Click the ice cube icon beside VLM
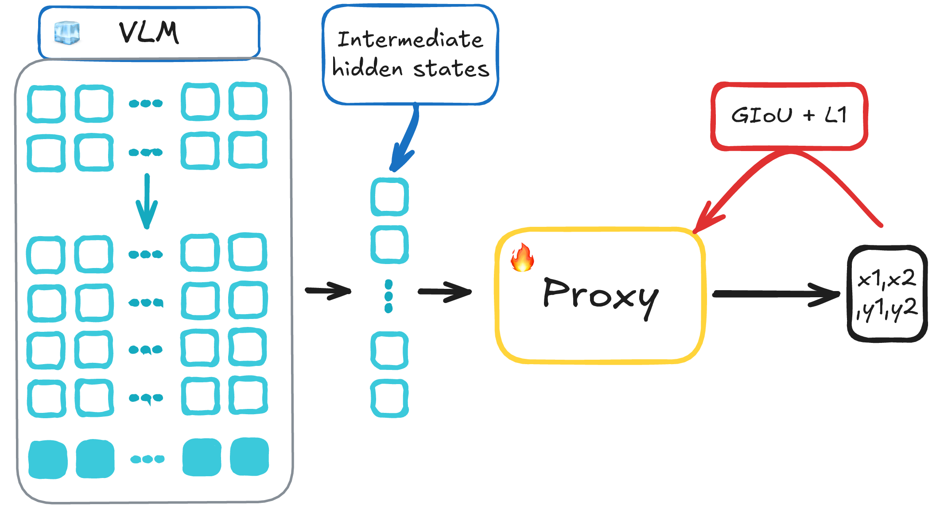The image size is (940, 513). point(67,33)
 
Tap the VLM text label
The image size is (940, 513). point(149,33)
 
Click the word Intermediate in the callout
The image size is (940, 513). point(410,39)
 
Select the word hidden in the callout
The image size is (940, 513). point(367,68)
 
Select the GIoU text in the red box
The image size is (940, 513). point(761,116)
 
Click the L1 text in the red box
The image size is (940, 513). point(836,115)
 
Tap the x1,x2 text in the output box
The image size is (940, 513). point(886,279)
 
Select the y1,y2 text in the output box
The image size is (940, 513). point(886,309)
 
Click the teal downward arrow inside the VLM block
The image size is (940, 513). point(147,201)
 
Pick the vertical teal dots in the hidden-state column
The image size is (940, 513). point(388,296)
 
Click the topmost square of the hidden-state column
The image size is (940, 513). point(389,197)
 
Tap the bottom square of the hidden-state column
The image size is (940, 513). point(389,398)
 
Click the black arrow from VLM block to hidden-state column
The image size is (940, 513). point(328,291)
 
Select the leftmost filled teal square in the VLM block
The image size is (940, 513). point(48,459)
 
